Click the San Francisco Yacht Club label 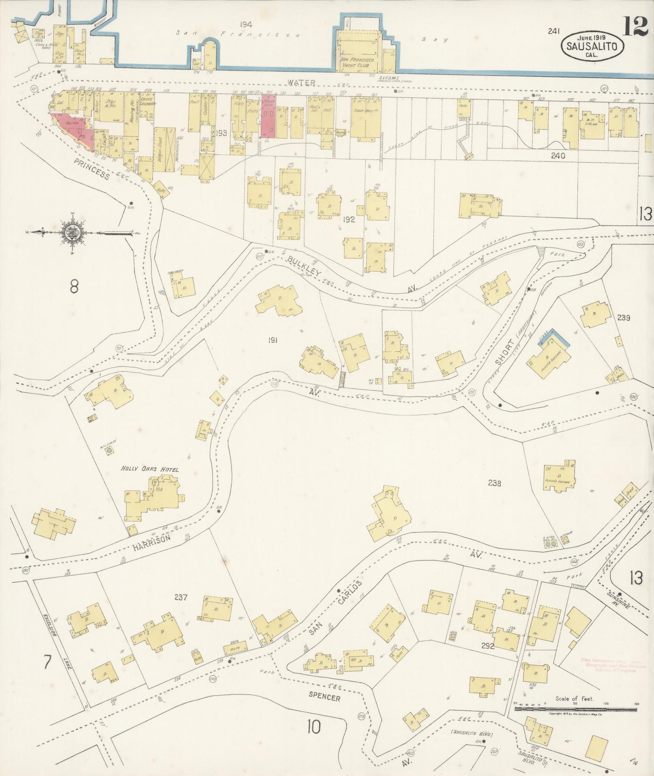click(359, 62)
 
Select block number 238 click(495, 483)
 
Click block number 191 click(272, 340)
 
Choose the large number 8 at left click(74, 286)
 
